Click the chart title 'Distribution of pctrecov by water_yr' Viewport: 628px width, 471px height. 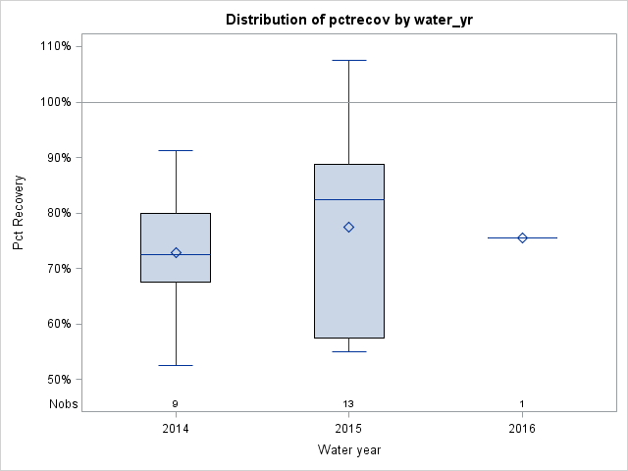[x=348, y=20]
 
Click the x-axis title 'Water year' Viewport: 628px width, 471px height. [x=348, y=449]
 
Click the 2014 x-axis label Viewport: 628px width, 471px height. [x=176, y=429]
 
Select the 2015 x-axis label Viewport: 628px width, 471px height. [x=348, y=429]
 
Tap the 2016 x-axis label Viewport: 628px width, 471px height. [x=522, y=429]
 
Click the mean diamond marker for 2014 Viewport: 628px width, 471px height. [x=176, y=252]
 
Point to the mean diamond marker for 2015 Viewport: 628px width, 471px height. [x=348, y=227]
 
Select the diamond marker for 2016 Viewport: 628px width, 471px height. [x=522, y=237]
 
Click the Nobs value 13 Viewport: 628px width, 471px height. [x=348, y=404]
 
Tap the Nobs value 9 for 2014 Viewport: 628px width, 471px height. [x=176, y=404]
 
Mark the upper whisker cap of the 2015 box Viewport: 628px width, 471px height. [x=348, y=60]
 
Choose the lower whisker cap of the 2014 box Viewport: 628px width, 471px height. [x=176, y=365]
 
